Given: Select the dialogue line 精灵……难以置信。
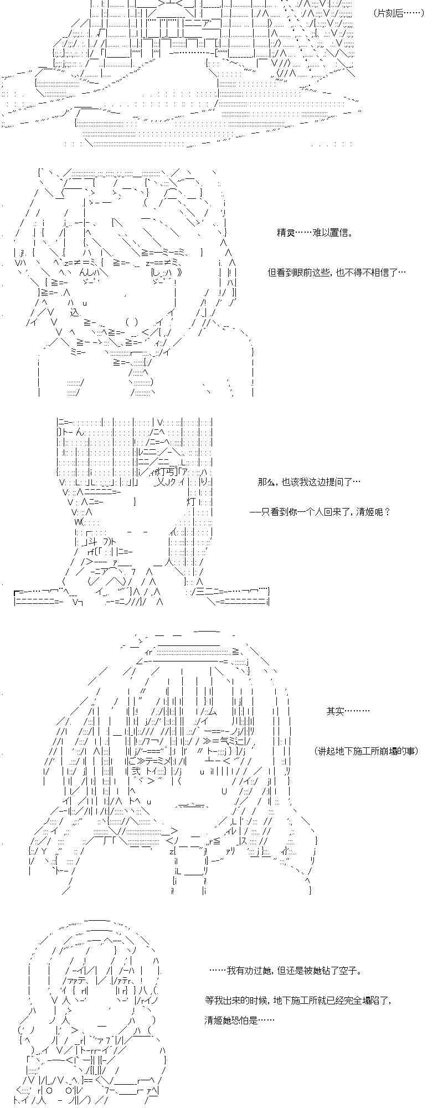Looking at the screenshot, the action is (315, 233).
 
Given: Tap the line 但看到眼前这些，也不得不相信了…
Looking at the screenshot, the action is (337, 273).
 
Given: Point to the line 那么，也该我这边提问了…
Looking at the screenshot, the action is (310, 482).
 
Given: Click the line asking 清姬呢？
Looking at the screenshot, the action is (321, 512).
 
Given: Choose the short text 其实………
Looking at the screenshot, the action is (348, 711).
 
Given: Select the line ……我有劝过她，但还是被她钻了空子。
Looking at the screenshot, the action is (287, 971).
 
